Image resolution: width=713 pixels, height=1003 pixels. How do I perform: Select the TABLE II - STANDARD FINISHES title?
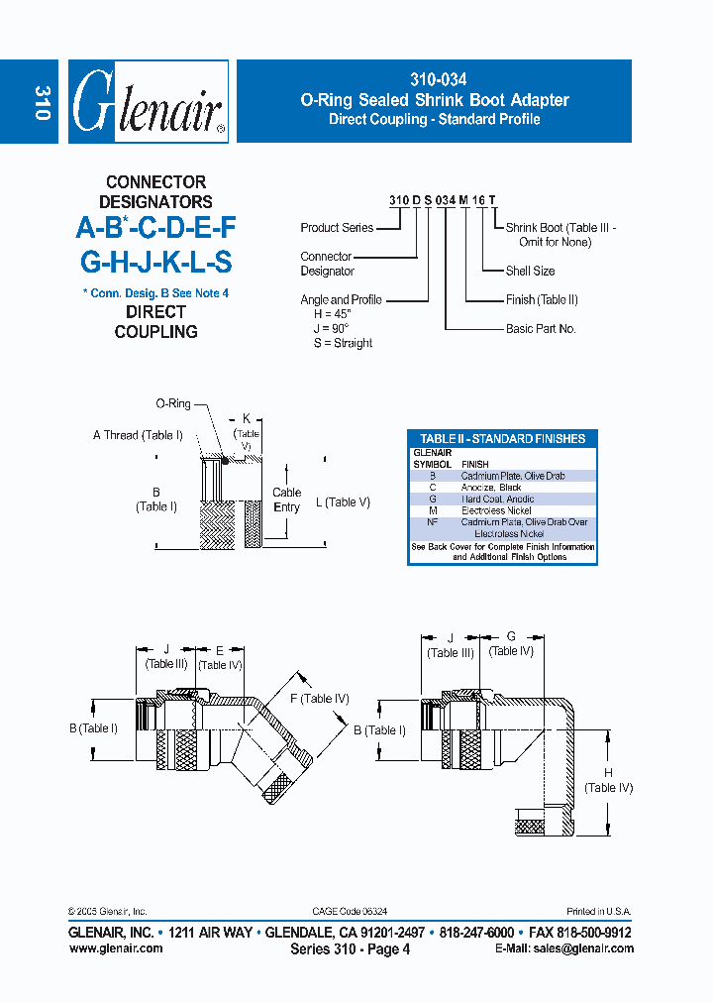tap(502, 438)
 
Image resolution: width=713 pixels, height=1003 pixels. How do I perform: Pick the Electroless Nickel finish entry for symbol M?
tap(496, 510)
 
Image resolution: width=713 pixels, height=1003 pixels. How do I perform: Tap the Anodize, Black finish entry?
tap(490, 488)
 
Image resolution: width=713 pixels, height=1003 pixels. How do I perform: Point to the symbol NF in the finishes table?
tap(432, 522)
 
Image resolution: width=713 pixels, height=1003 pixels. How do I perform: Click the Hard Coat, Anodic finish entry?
tap(497, 500)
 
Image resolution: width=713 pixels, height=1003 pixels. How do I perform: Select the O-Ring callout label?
tap(173, 404)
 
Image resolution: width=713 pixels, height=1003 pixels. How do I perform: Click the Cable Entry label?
tap(286, 500)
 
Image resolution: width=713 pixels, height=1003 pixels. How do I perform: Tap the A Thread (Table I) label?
tap(138, 435)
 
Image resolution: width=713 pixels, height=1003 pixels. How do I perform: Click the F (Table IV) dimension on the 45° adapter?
tap(319, 699)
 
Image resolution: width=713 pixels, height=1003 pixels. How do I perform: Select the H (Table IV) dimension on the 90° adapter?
tap(608, 780)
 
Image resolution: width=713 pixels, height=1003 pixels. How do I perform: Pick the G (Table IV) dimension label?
tap(511, 643)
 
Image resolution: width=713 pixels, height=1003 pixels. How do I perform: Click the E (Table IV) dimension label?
tap(220, 658)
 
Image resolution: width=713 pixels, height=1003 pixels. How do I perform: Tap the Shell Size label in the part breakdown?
tap(530, 271)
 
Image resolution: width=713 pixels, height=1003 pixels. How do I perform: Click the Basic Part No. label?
tap(541, 328)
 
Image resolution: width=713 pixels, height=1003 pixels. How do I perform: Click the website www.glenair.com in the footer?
tap(116, 948)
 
